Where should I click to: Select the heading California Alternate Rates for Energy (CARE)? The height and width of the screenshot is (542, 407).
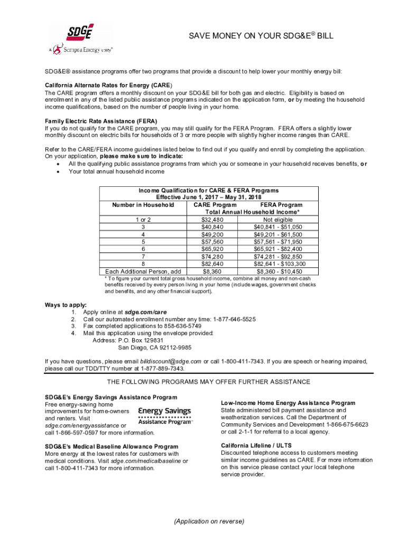pyautogui.click(x=108, y=85)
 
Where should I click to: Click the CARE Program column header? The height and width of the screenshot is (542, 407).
pyautogui.click(x=215, y=205)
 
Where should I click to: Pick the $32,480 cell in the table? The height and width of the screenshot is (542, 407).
pyautogui.click(x=212, y=220)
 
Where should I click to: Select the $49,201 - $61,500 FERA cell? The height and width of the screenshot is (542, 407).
pyautogui.click(x=278, y=234)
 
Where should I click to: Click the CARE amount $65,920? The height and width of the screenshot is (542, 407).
pyautogui.click(x=212, y=249)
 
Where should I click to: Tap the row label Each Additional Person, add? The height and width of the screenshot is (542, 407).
pyautogui.click(x=143, y=271)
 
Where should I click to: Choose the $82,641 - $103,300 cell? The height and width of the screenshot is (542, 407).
pyautogui.click(x=278, y=264)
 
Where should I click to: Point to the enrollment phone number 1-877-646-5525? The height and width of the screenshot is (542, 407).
pyautogui.click(x=234, y=319)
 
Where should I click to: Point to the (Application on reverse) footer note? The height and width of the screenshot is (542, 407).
pyautogui.click(x=209, y=521)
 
